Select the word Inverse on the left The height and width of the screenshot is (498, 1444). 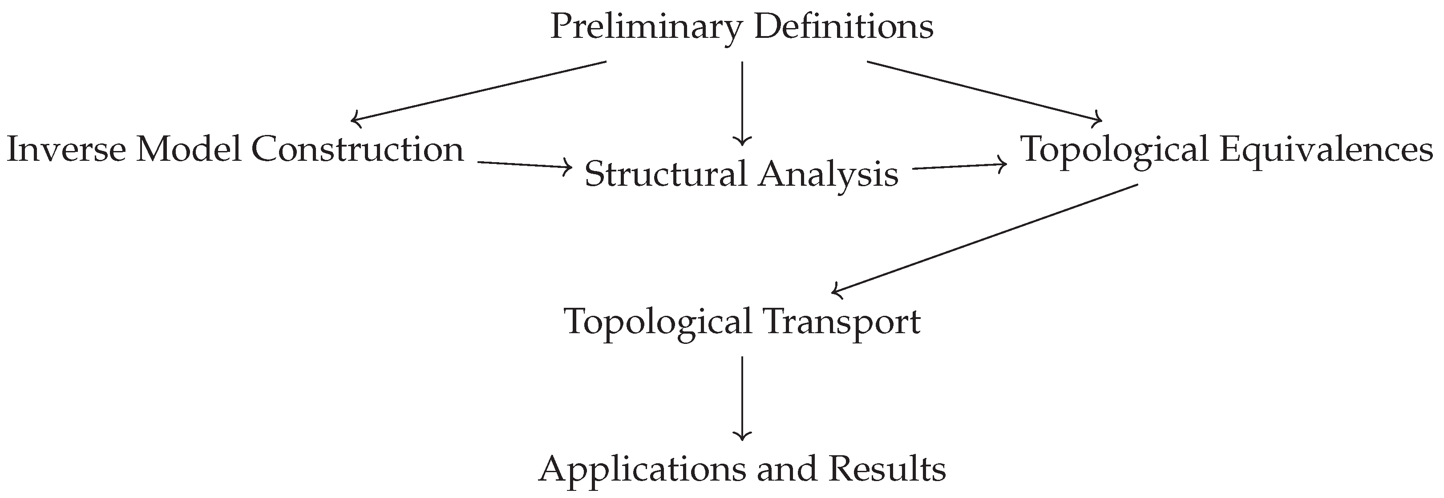(x=66, y=150)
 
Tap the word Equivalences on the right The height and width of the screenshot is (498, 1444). (x=1326, y=150)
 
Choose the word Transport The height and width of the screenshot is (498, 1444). (x=841, y=323)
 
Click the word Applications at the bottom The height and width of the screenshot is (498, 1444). (x=641, y=470)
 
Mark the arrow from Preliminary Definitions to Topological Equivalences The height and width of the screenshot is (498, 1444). (x=984, y=91)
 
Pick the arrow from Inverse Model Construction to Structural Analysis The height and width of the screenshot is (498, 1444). (x=525, y=164)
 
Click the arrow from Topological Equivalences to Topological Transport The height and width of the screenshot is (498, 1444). (x=984, y=238)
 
